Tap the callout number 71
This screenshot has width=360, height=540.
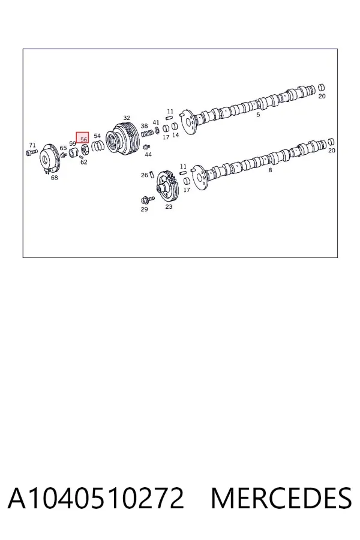32,145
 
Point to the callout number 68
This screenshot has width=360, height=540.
55,178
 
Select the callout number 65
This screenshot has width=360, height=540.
64,148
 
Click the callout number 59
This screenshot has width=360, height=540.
73,143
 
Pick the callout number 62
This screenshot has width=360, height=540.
84,162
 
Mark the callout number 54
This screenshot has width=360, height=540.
97,136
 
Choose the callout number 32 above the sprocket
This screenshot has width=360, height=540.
127,118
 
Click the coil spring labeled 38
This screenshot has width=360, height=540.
146,133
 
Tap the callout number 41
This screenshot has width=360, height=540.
156,122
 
